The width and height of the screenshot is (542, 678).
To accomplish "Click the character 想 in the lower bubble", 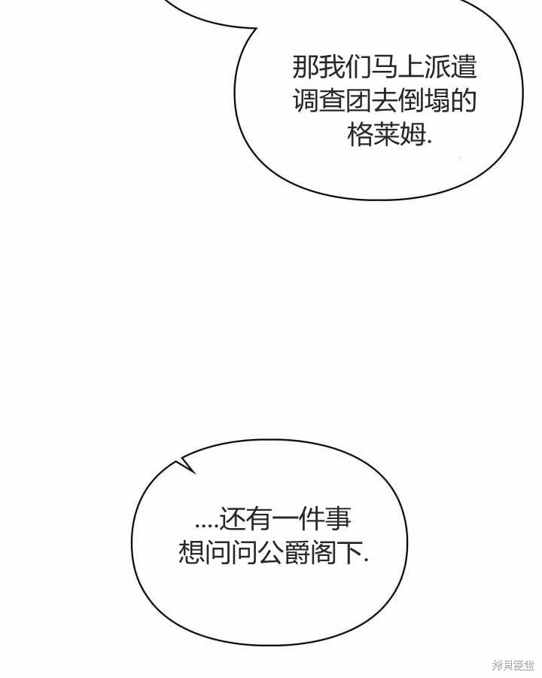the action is tap(191, 552).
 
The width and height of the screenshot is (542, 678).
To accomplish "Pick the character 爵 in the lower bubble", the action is tap(297, 552).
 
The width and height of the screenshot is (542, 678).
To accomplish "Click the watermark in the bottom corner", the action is tap(513, 665).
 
